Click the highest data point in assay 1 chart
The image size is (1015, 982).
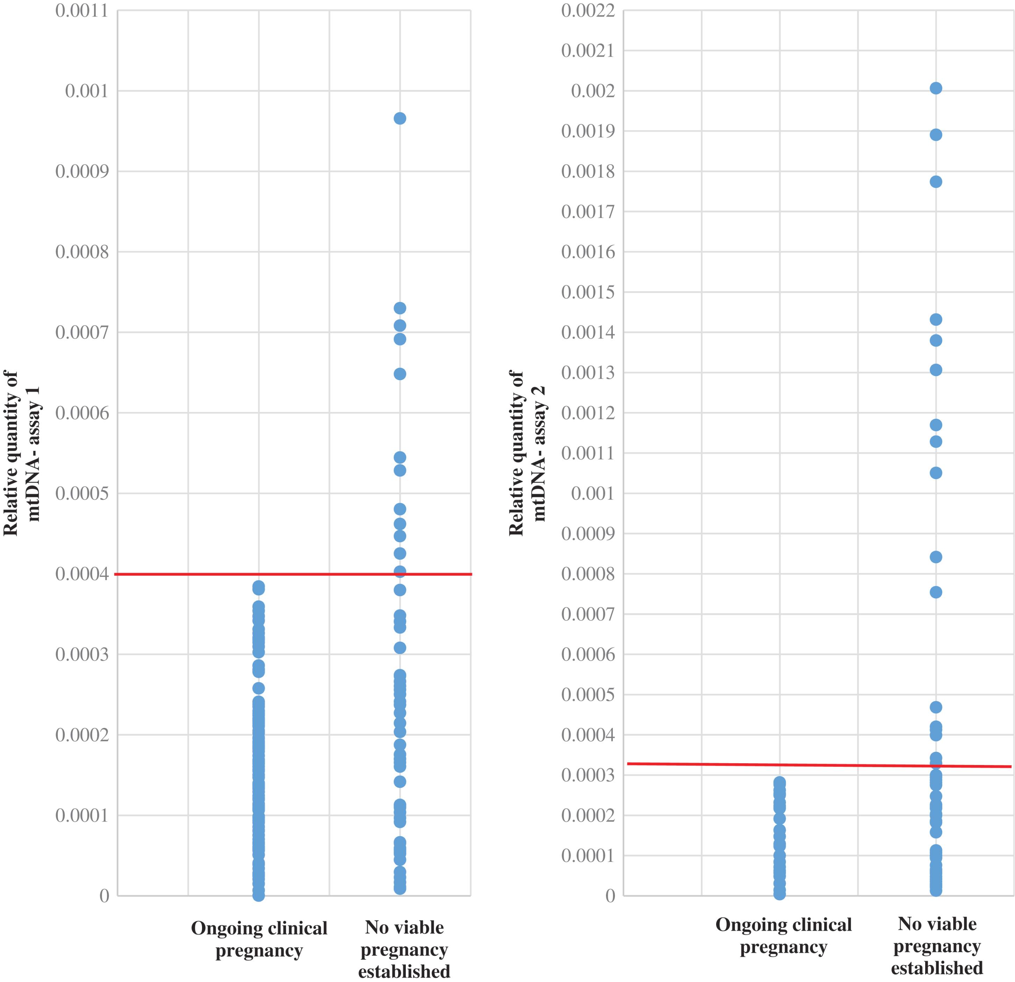point(400,118)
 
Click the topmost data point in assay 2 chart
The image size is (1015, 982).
point(936,88)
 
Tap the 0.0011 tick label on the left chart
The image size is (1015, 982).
point(82,10)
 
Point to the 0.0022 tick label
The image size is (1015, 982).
point(588,10)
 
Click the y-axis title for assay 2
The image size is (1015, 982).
point(527,453)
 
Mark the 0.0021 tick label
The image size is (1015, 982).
point(588,51)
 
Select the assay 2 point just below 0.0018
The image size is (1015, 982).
point(936,182)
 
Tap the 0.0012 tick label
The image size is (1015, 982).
point(588,413)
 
